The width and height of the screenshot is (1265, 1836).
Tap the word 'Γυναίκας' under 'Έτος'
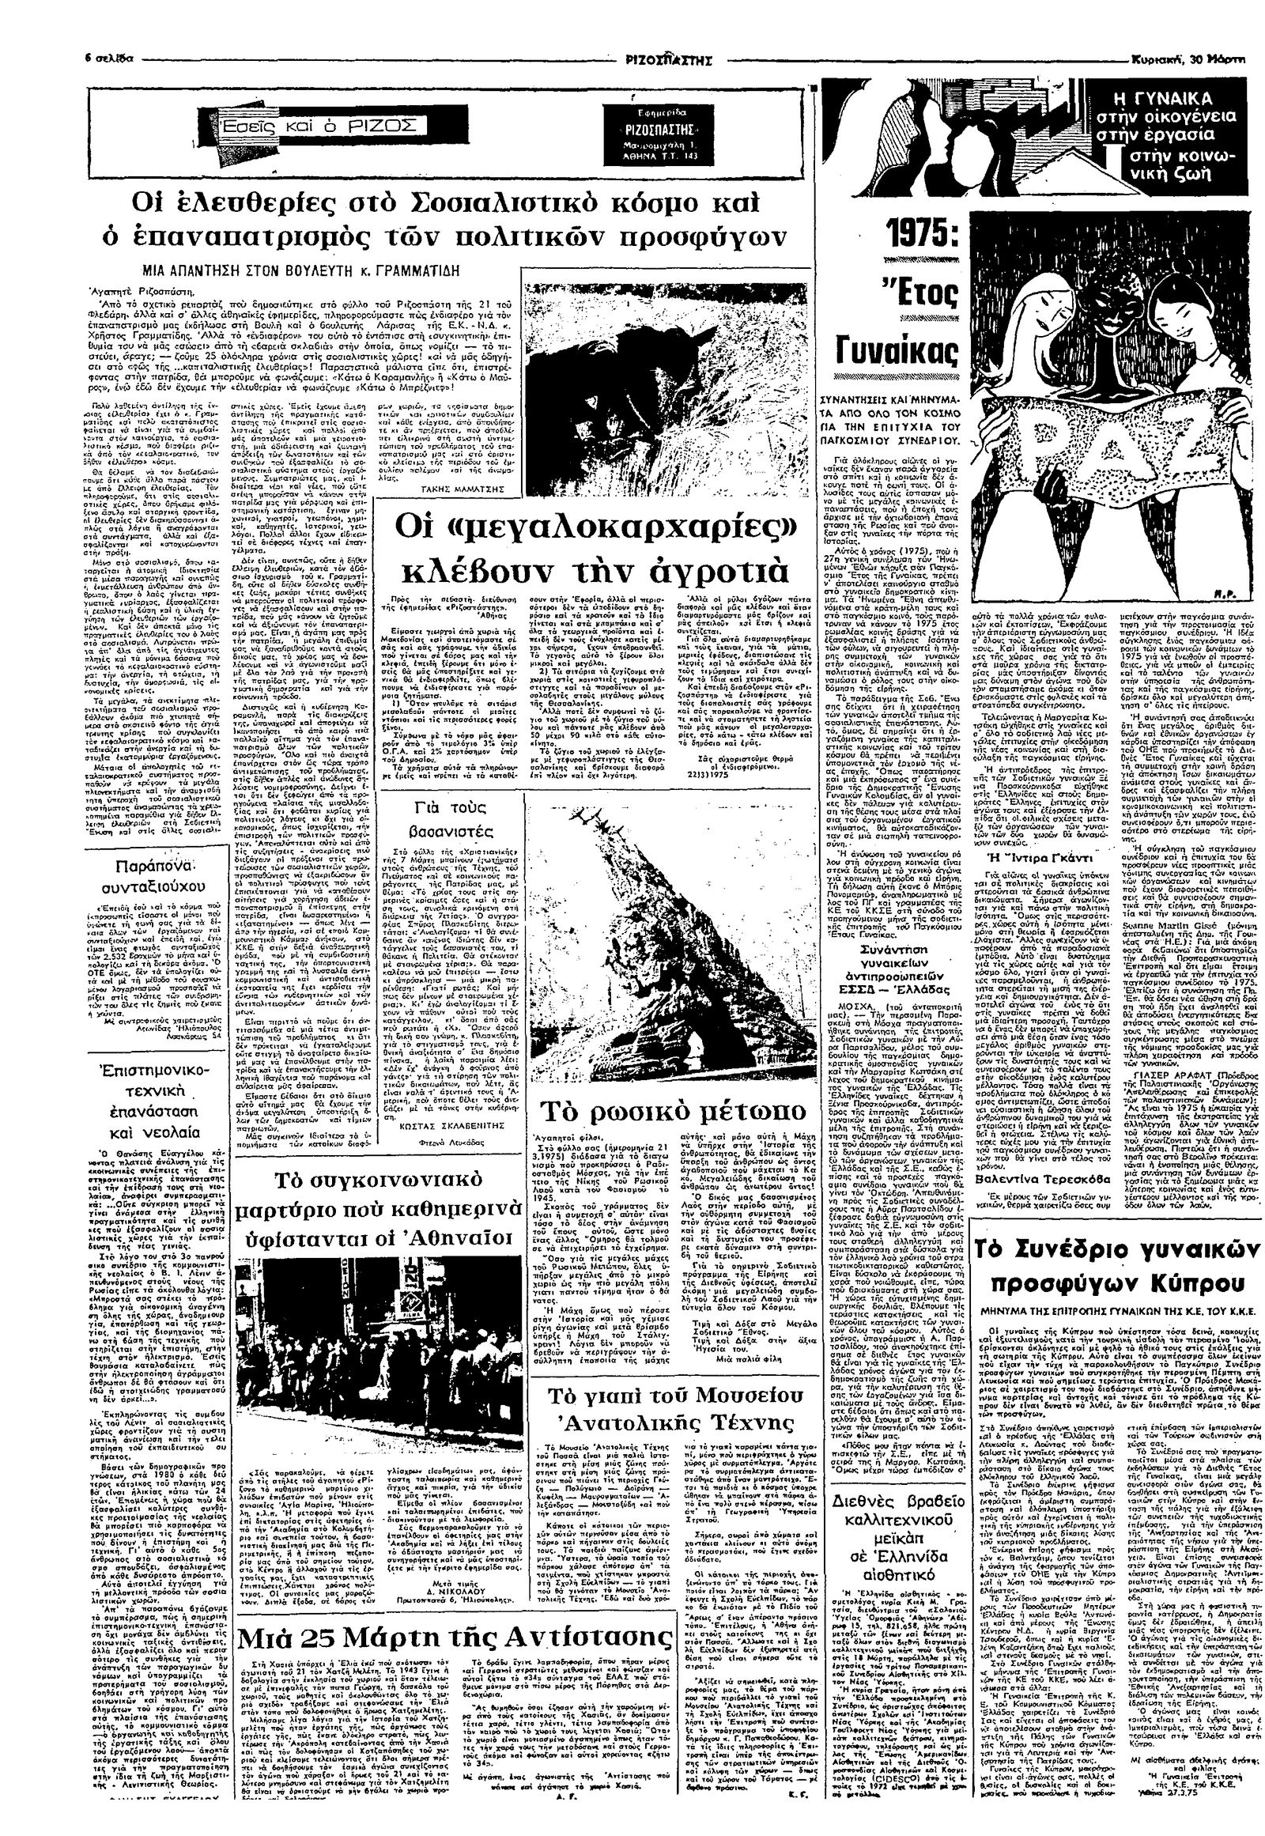(x=898, y=352)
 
